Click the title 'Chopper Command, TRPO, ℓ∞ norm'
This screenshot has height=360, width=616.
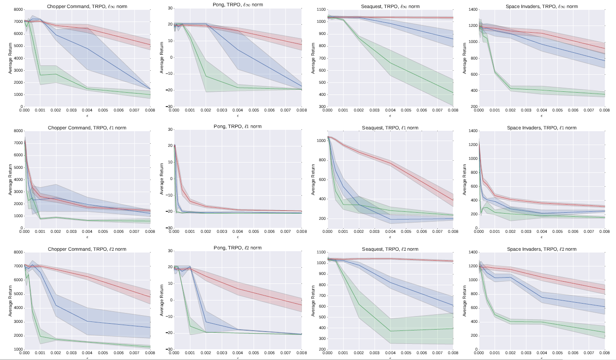87,6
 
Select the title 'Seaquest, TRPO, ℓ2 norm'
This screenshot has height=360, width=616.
390,249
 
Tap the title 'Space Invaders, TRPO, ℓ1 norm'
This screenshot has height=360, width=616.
542,128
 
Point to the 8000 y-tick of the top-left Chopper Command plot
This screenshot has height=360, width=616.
18,9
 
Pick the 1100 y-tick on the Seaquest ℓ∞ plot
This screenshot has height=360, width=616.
321,9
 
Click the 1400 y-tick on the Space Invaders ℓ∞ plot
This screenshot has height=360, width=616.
473,9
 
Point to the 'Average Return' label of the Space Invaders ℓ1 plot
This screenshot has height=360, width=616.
465,180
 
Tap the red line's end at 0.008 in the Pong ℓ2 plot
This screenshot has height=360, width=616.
301,305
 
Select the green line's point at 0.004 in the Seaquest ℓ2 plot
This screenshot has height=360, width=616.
390,331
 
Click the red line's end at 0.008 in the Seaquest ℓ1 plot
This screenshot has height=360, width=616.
453,200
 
